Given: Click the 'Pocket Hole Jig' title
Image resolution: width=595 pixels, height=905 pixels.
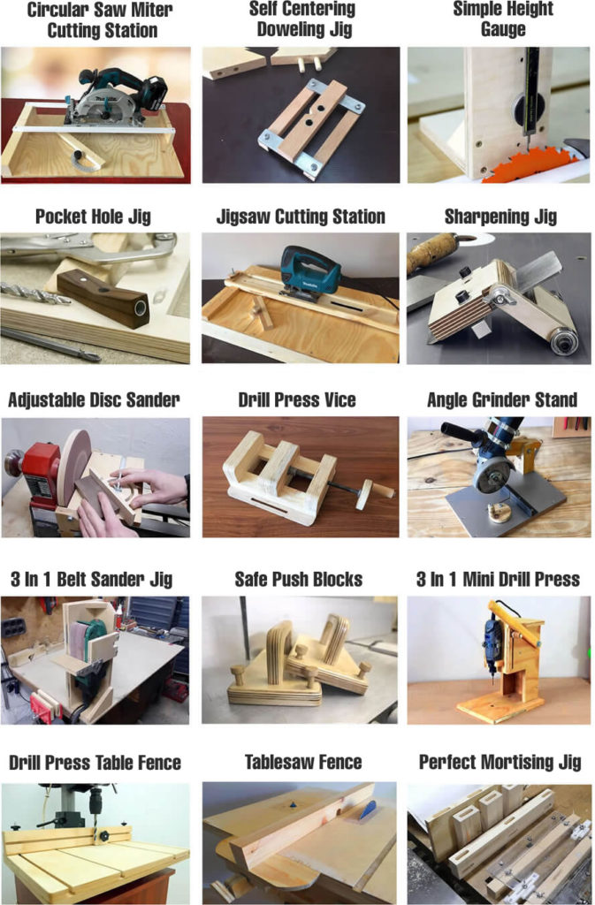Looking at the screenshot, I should [x=93, y=217].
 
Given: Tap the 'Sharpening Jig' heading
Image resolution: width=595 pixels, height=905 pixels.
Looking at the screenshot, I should [x=500, y=217].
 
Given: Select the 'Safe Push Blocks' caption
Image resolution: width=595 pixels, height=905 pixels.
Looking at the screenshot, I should [x=298, y=580].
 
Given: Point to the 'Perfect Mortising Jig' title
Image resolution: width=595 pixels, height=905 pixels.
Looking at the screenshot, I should [x=500, y=762].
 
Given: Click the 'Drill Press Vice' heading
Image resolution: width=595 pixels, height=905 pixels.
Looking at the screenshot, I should [x=297, y=399].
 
